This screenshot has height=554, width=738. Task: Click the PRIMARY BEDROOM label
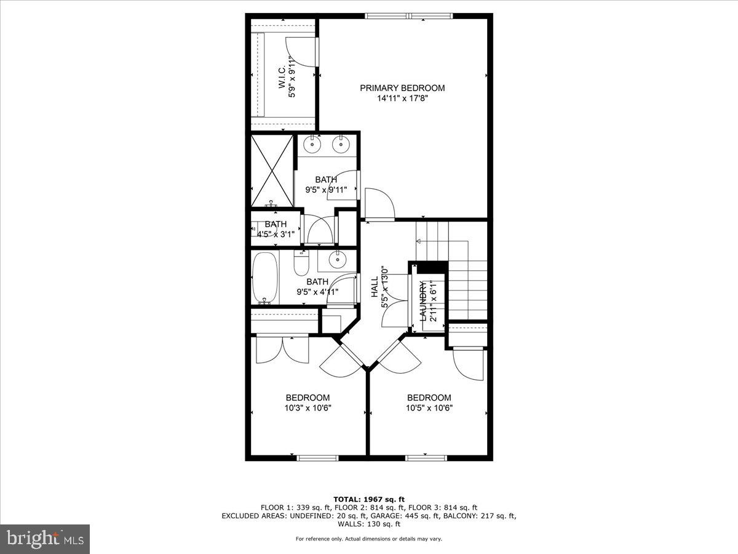click(x=402, y=88)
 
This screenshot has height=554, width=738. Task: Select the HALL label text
click(x=375, y=287)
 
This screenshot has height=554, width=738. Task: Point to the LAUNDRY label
click(x=423, y=301)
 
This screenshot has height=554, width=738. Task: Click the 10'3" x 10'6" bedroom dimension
click(x=307, y=407)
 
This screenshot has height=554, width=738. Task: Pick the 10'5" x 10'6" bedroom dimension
click(x=429, y=407)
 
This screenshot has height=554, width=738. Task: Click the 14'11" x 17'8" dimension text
click(x=402, y=98)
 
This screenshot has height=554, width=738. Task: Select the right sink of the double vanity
click(x=341, y=145)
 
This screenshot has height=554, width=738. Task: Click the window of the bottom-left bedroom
click(x=317, y=457)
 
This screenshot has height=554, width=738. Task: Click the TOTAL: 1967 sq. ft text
click(x=369, y=499)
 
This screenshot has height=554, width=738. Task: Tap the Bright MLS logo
click(x=45, y=539)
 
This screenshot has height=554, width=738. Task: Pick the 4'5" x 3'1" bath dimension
click(x=276, y=233)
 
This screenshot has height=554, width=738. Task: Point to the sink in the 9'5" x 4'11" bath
click(x=337, y=260)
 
